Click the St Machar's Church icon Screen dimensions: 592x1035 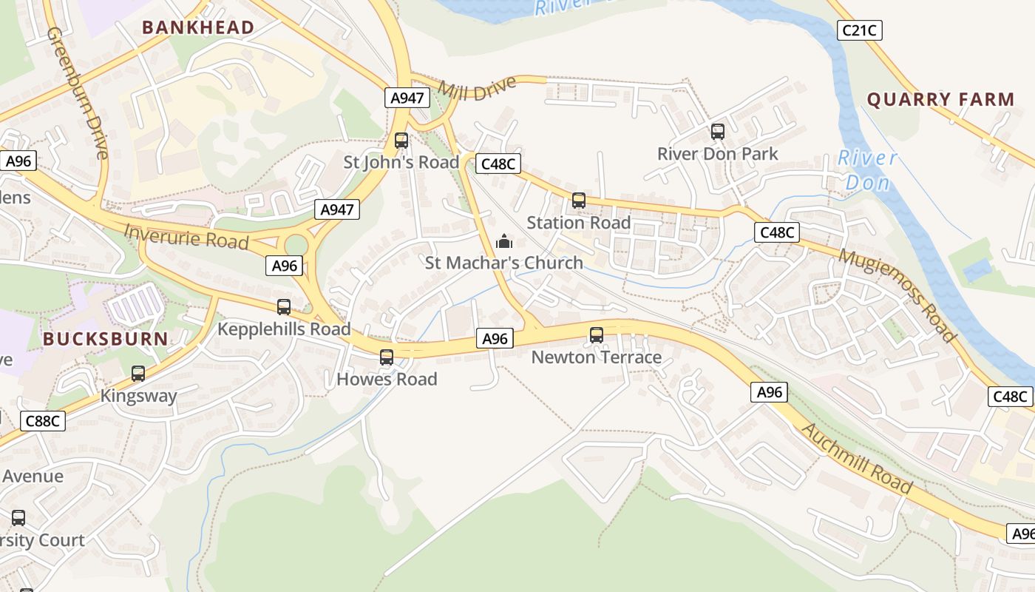click(504, 241)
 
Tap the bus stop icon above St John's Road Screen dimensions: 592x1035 click(401, 141)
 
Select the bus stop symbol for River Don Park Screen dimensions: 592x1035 click(717, 132)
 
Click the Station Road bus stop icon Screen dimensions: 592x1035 click(579, 201)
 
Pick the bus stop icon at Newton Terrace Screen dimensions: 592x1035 click(597, 335)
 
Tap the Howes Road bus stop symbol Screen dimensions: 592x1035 click(387, 357)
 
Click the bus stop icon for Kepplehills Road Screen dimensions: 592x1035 click(284, 307)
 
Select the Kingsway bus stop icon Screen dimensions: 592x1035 click(138, 374)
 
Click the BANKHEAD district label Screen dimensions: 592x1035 click(198, 27)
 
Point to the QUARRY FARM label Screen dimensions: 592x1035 click(940, 99)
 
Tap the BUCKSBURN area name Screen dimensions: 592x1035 click(105, 339)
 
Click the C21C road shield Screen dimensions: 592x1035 click(860, 30)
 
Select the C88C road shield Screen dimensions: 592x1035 click(43, 421)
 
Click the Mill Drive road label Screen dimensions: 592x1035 click(477, 88)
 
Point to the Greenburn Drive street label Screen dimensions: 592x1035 click(78, 93)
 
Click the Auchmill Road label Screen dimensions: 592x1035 click(857, 458)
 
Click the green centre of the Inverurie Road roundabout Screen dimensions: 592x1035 click(296, 244)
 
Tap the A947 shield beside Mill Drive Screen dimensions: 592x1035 click(407, 98)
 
